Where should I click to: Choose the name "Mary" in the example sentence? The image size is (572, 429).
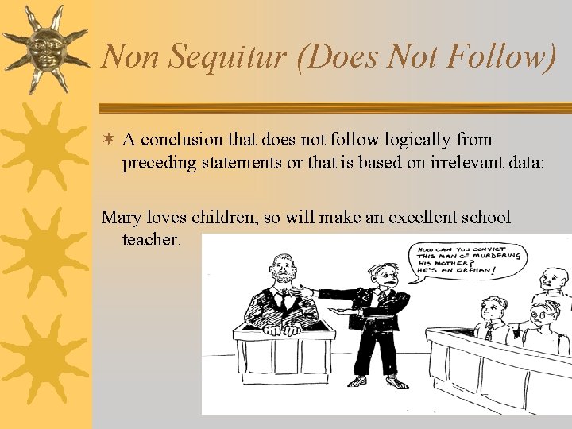pyautogui.click(x=120, y=217)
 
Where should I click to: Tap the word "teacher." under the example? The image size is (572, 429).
pyautogui.click(x=153, y=239)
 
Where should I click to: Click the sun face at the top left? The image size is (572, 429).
pyautogui.click(x=44, y=48)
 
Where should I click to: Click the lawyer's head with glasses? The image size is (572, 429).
pyautogui.click(x=385, y=275)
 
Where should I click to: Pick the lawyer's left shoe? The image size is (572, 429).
pyautogui.click(x=357, y=381)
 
